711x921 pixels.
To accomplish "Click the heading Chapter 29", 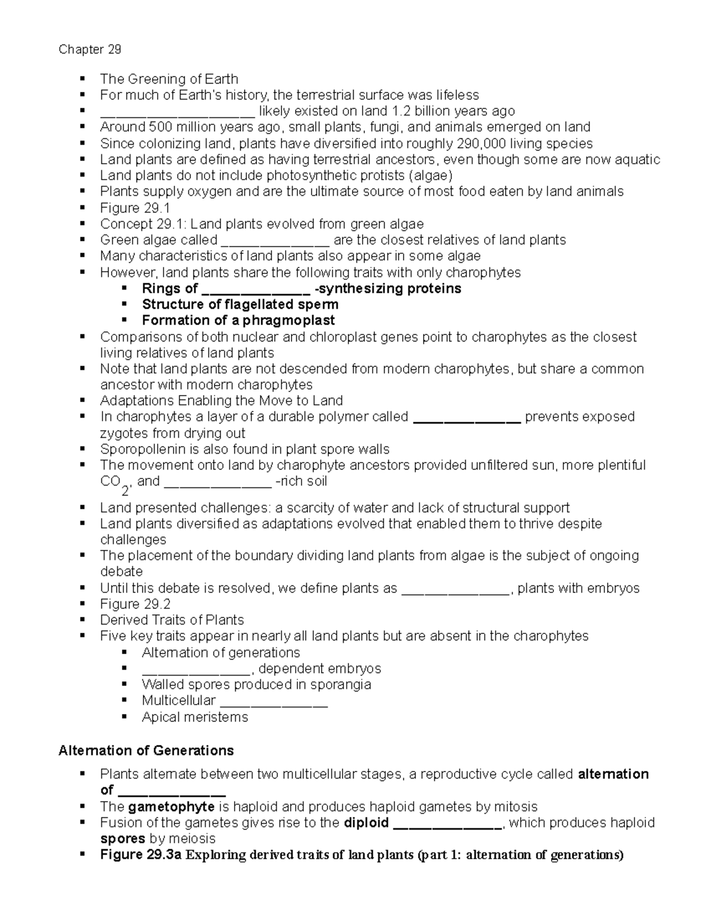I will pyautogui.click(x=90, y=49).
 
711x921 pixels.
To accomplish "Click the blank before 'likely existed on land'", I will pyautogui.click(x=177, y=112).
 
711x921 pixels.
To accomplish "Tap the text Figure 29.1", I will pyautogui.click(x=135, y=208).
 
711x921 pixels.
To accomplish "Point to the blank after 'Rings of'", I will pyautogui.click(x=255, y=290).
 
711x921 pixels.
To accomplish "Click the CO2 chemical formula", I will pyautogui.click(x=114, y=483).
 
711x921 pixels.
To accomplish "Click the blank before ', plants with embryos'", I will pyautogui.click(x=456, y=589).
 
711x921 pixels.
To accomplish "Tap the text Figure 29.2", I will pyautogui.click(x=135, y=604).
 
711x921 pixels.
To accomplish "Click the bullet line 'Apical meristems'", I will pyautogui.click(x=194, y=718).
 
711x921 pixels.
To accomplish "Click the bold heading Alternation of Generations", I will pyautogui.click(x=146, y=751).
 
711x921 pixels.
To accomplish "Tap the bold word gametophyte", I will pyautogui.click(x=171, y=807).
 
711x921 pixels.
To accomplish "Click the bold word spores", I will pyautogui.click(x=123, y=839).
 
